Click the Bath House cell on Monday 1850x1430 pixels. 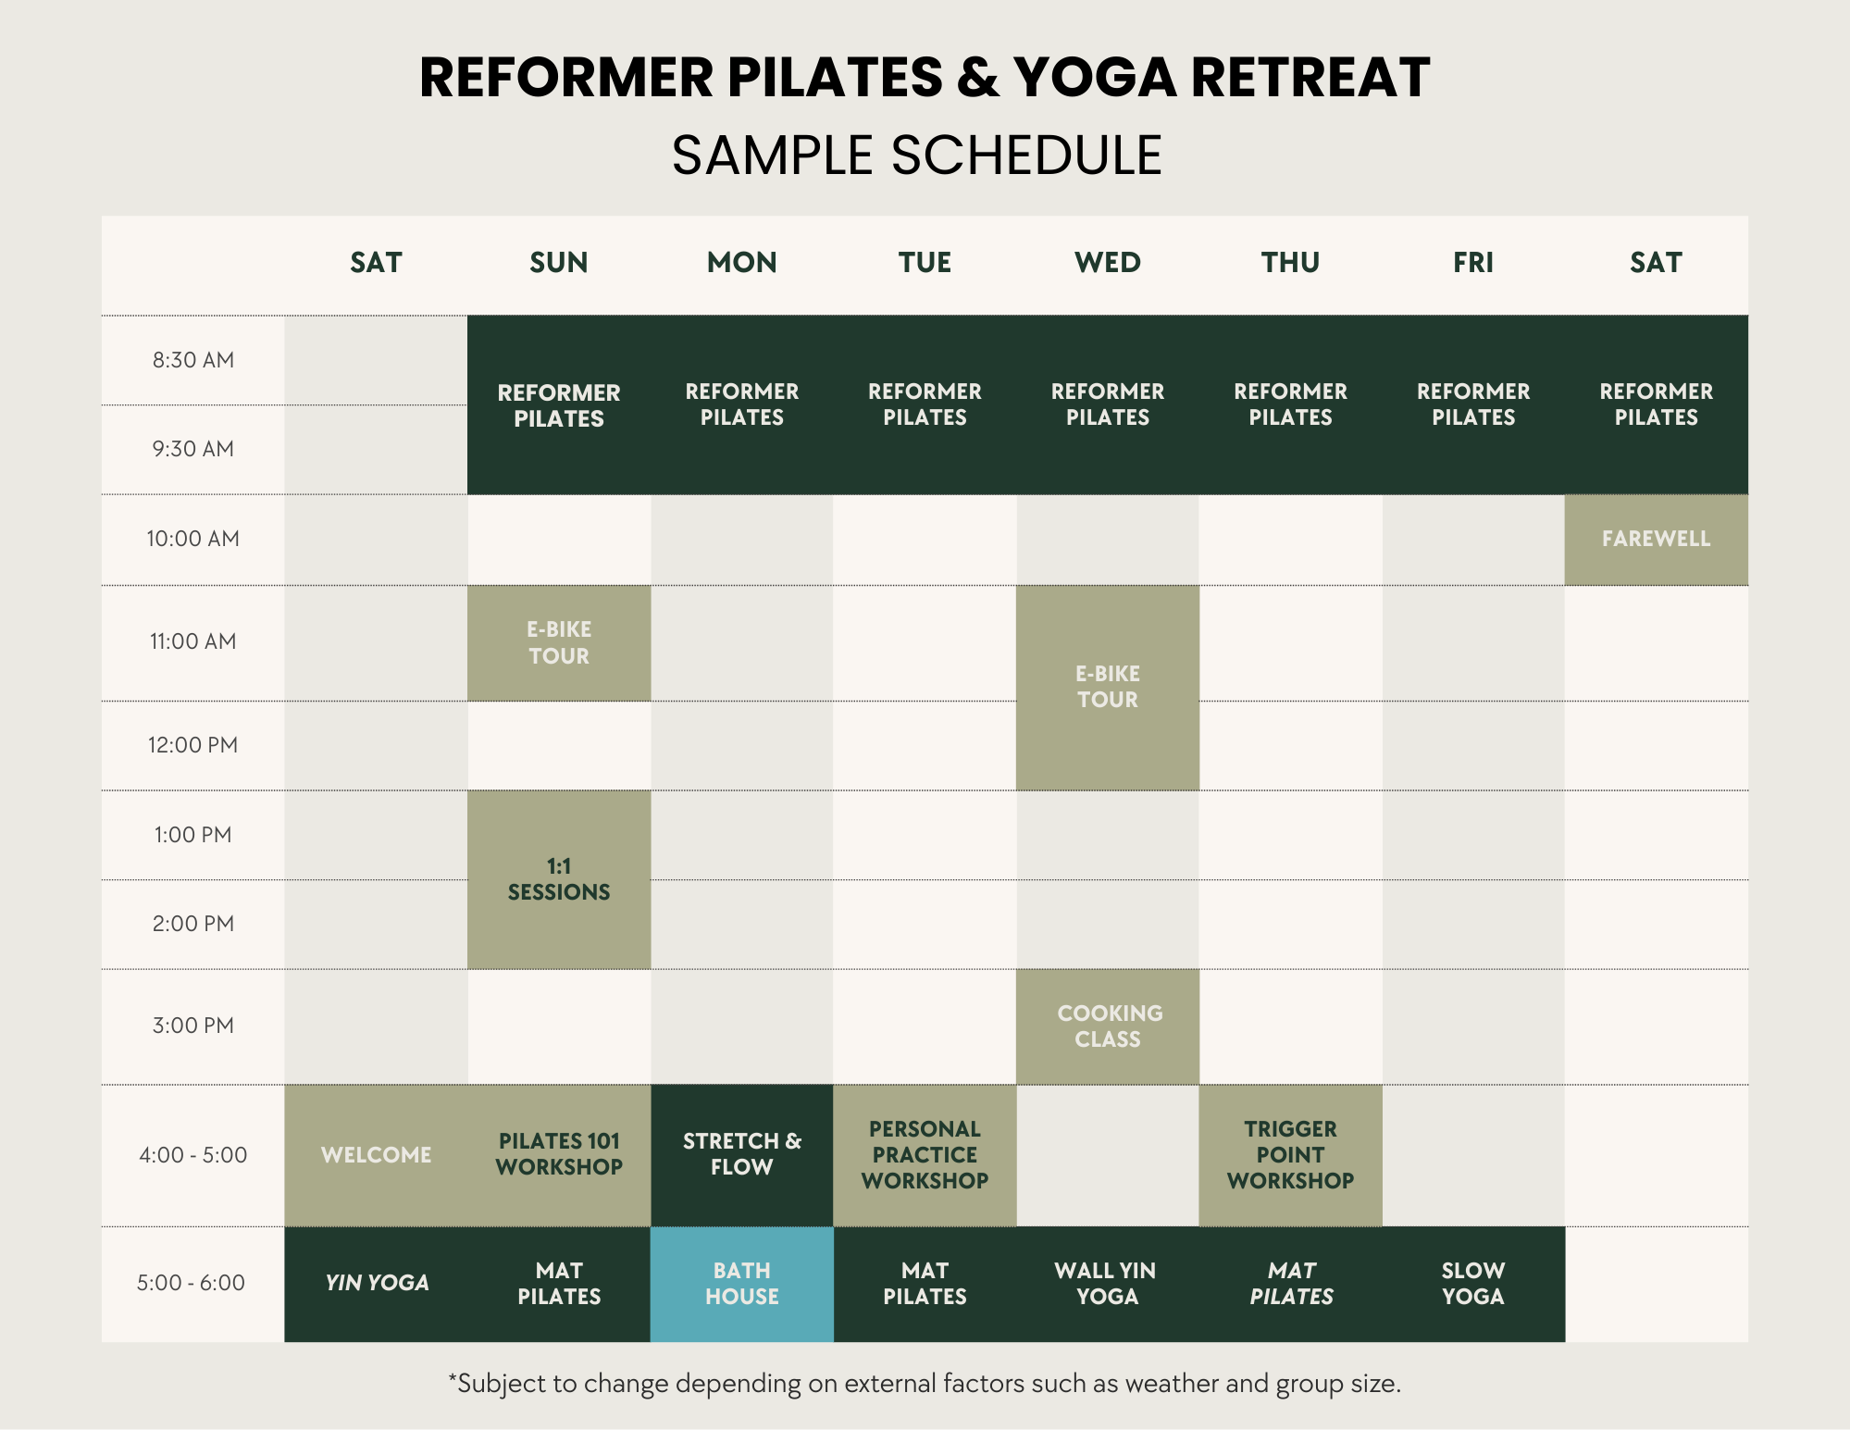click(x=741, y=1284)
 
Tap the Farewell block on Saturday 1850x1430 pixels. click(x=1656, y=540)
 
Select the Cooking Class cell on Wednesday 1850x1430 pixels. click(x=1108, y=1026)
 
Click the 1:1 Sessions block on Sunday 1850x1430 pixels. click(x=559, y=879)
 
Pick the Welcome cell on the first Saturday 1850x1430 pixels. click(x=376, y=1155)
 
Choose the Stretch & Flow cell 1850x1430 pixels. click(x=741, y=1155)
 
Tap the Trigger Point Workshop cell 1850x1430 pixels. click(x=1290, y=1155)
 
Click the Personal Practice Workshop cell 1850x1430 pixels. click(x=925, y=1155)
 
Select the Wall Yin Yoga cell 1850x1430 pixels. click(x=1108, y=1284)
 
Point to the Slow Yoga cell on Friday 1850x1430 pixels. click(x=1473, y=1284)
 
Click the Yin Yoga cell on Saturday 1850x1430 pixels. click(x=376, y=1284)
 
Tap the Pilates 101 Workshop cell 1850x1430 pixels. click(x=559, y=1155)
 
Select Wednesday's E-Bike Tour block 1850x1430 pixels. click(x=1108, y=688)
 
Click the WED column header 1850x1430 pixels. click(x=1108, y=263)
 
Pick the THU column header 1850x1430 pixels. click(x=1290, y=263)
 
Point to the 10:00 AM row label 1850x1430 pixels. click(x=192, y=539)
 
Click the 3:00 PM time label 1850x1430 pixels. click(x=192, y=1026)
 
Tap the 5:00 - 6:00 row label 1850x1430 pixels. click(x=191, y=1283)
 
